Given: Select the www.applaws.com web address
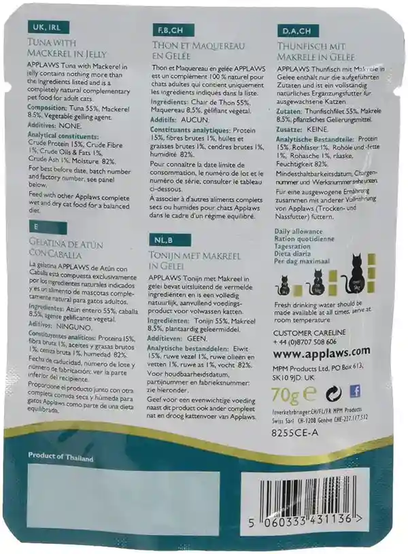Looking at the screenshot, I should tap(320, 351).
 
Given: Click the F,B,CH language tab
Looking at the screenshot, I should tap(169, 32).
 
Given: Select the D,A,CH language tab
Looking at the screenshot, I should tap(295, 31).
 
